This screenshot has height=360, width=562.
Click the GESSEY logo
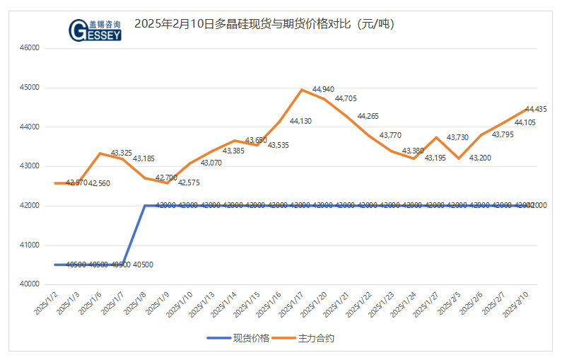[95, 29]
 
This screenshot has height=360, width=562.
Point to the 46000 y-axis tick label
[30, 48]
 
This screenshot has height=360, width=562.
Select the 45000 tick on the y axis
[30, 88]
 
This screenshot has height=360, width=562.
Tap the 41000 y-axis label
[30, 245]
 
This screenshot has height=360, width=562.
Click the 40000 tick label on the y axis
[30, 284]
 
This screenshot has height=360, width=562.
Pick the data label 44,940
[323, 90]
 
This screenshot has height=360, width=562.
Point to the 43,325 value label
[122, 153]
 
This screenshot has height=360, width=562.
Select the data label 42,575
[189, 182]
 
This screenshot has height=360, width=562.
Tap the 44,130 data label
[300, 121]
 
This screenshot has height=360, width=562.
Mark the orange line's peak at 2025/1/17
[302, 90]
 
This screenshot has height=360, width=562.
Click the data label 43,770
[390, 135]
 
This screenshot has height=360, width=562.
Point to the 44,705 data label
[346, 99]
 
